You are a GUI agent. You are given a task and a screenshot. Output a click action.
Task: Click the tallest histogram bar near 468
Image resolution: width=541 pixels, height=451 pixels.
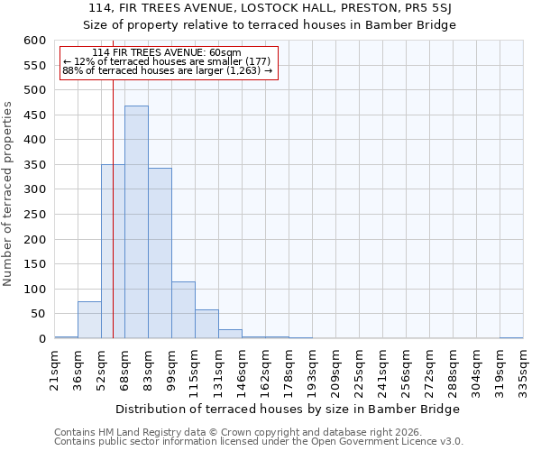136,222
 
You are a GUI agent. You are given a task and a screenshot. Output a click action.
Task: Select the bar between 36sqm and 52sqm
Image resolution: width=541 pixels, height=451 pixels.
89,320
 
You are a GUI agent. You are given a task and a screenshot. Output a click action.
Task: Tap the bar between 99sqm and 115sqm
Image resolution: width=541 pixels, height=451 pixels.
183,310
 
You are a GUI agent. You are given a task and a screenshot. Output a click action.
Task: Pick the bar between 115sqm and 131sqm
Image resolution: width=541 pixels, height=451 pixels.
206,324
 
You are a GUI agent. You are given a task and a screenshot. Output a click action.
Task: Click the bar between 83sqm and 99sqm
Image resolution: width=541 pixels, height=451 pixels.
160,253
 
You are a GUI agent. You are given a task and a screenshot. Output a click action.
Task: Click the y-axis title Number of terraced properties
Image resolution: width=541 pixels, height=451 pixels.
9,193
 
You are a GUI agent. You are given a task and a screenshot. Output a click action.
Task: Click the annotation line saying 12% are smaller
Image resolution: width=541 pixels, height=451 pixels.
167,61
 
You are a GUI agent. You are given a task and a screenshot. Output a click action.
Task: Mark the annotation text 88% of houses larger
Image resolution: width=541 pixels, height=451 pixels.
167,70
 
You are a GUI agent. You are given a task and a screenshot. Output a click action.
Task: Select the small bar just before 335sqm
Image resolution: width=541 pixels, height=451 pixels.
511,337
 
